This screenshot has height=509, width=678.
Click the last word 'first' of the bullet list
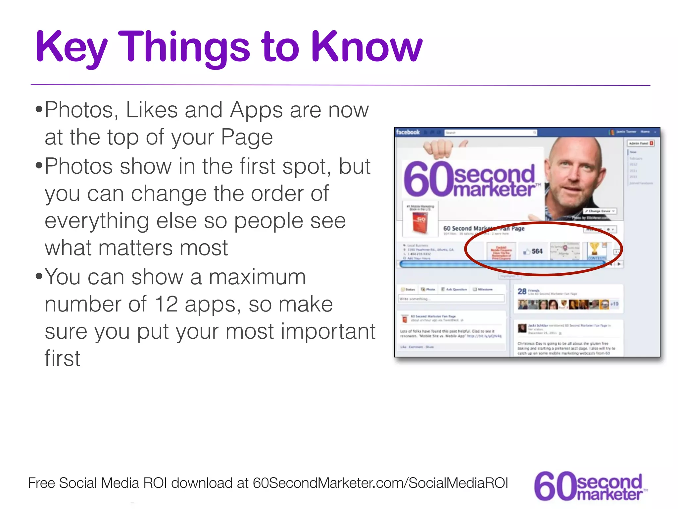point(62,359)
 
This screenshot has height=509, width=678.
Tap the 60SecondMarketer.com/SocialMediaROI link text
point(380,483)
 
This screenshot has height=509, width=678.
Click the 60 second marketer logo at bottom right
point(590,486)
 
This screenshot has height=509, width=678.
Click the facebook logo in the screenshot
point(408,132)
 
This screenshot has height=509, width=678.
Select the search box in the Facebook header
point(490,133)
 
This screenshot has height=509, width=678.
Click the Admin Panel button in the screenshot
point(640,143)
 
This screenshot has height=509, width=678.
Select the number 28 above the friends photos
point(522,291)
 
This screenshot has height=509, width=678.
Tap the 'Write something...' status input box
point(451,299)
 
